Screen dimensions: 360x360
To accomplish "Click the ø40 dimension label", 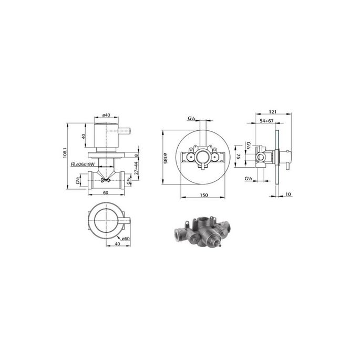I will [106, 115].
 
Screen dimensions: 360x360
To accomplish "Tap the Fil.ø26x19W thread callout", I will [82, 164].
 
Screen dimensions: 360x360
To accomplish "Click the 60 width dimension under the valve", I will [106, 193].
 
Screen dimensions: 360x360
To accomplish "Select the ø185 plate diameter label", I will [164, 156].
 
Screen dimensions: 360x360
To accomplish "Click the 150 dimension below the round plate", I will [203, 196].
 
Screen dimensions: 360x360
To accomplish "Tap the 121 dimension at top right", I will [272, 112].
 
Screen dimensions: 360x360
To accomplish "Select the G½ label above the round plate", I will [191, 119].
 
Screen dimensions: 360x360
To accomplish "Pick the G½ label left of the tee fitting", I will [78, 181].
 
